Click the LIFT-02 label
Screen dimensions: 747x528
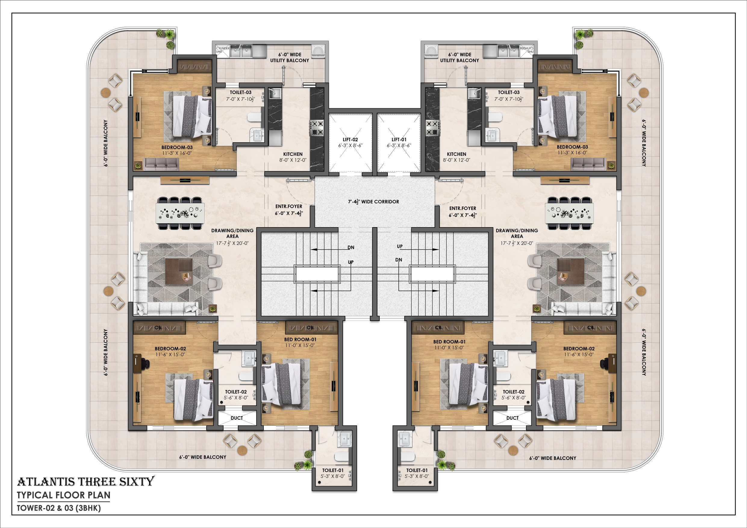(350, 140)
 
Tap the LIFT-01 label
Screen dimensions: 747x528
(399, 140)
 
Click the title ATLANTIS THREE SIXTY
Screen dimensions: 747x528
(86, 481)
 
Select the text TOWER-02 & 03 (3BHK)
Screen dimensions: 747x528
(59, 508)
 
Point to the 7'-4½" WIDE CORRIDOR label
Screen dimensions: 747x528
(373, 202)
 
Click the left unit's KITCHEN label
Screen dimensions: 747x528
(293, 154)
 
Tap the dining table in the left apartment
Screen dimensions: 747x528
(181, 213)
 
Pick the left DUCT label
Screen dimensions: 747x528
(237, 418)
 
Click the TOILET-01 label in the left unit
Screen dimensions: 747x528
(333, 471)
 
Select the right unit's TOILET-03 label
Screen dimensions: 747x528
(509, 92)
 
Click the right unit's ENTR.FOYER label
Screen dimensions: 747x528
(463, 208)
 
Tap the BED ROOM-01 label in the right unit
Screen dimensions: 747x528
(449, 342)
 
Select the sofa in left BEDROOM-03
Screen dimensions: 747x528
(161, 164)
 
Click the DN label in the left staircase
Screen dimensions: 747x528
(351, 247)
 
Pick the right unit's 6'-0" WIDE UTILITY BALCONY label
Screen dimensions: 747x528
(459, 57)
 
